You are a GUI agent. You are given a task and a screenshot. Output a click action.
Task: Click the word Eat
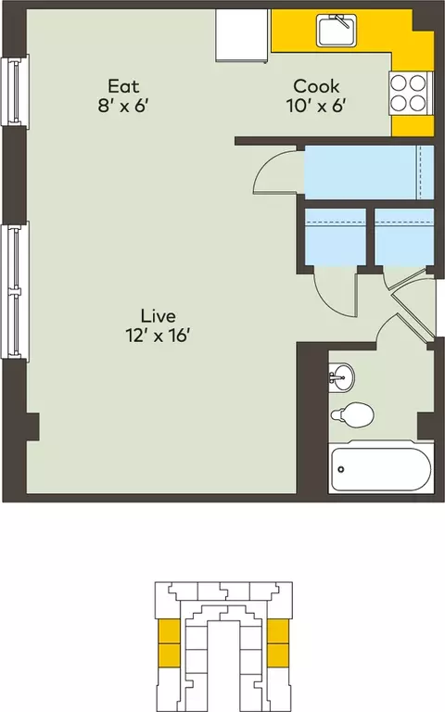123,86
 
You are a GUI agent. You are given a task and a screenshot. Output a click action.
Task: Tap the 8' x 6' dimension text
123,107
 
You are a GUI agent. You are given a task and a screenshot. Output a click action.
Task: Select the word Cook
316,86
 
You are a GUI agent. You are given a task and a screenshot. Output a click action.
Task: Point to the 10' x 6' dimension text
316,107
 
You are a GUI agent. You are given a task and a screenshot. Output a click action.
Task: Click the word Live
158,315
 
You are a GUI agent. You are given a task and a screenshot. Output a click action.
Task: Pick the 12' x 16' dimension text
158,336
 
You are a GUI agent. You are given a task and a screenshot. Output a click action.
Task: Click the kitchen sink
337,31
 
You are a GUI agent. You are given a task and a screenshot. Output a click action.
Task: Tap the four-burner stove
409,94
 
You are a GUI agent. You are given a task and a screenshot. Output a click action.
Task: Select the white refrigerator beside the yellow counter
242,35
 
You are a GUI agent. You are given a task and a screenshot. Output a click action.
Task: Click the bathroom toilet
353,414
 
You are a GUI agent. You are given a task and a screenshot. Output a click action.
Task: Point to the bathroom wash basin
341,376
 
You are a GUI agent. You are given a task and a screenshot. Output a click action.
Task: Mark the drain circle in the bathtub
340,469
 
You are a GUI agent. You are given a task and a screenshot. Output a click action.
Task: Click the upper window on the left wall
15,90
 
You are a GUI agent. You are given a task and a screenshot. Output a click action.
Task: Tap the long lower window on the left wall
15,290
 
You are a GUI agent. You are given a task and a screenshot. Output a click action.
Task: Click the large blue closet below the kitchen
369,172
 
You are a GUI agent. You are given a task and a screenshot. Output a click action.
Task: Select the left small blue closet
335,236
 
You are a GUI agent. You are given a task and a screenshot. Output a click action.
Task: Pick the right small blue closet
404,236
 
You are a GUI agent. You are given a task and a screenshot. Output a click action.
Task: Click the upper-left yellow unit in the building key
169,631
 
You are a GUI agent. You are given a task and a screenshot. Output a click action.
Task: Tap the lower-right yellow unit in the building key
278,655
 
